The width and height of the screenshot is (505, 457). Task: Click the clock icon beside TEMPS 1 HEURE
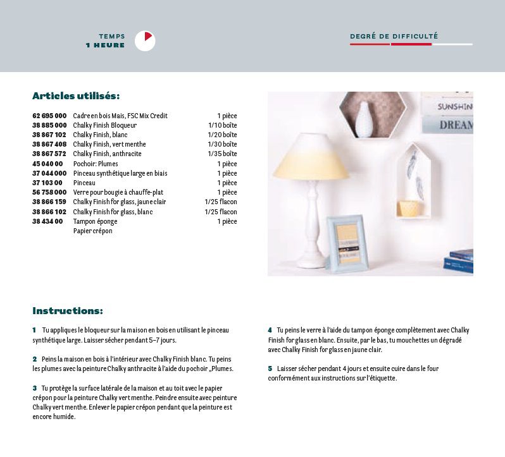(x=145, y=40)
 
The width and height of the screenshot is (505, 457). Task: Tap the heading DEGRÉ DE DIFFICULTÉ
(x=394, y=37)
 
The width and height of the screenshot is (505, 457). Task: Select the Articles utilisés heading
(x=76, y=96)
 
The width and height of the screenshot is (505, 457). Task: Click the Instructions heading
(x=68, y=311)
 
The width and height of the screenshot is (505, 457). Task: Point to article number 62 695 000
(x=49, y=116)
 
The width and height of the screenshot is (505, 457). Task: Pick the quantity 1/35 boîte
(x=222, y=154)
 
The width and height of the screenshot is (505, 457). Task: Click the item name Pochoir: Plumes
(x=96, y=164)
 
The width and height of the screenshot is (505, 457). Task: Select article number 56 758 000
(x=49, y=192)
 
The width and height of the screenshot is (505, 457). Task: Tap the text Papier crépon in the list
(x=92, y=231)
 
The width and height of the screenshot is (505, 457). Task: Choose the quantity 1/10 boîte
(x=222, y=125)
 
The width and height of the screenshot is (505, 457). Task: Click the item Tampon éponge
(x=95, y=221)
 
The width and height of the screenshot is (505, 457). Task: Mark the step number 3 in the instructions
(x=35, y=388)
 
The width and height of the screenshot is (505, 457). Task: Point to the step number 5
(x=270, y=369)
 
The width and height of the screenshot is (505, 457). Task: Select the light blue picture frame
(x=346, y=240)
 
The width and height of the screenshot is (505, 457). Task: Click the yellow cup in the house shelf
(x=410, y=208)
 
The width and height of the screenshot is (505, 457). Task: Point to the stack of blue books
(x=461, y=260)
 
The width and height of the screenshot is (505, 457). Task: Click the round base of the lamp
(x=311, y=259)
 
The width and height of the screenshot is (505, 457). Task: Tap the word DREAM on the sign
(x=456, y=125)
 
